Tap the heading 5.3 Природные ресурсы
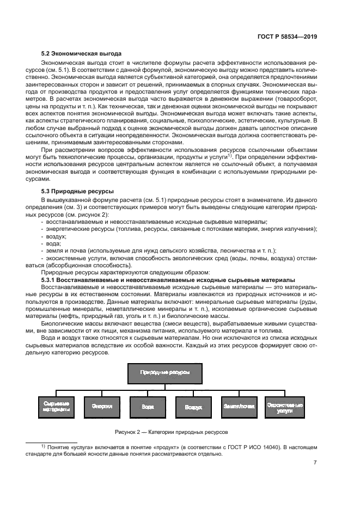[x=77, y=192]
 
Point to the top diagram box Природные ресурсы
[x=165, y=373]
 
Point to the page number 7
[x=315, y=463]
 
